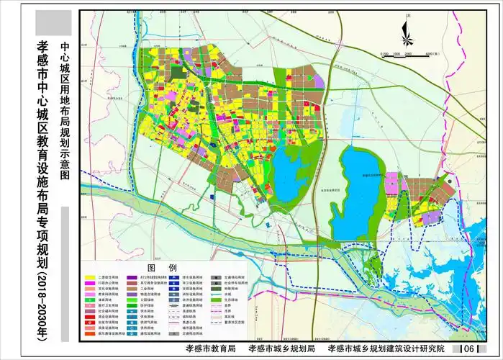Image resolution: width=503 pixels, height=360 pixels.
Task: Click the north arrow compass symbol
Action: pos(406,30)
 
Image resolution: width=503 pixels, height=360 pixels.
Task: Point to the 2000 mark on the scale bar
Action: pos(407,54)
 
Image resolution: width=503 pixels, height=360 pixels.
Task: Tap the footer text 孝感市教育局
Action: pos(205,349)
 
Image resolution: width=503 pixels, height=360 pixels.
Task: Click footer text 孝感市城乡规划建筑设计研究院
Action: pos(386,349)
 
